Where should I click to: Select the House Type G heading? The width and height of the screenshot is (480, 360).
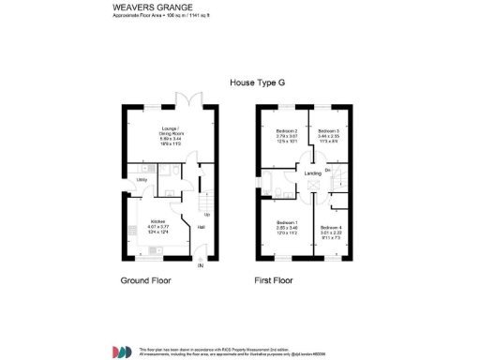[x=257, y=82]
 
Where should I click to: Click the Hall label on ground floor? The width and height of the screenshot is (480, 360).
[x=200, y=226]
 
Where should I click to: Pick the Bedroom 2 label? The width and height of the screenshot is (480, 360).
[x=286, y=131]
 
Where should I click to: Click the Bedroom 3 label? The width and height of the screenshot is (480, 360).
[x=327, y=131]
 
